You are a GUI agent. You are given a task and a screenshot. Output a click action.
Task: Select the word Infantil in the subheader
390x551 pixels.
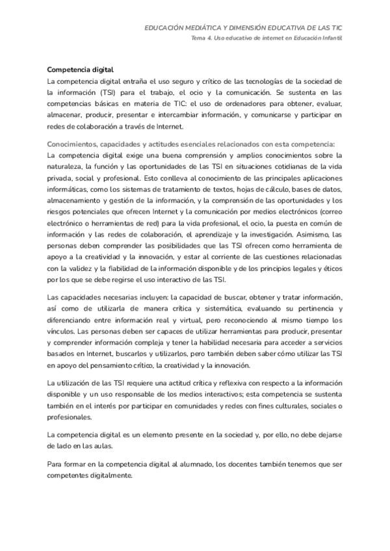(331, 38)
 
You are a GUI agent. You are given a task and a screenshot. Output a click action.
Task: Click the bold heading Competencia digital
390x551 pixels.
(81, 70)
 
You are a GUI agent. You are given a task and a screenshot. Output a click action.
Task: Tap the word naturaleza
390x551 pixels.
(68, 167)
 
